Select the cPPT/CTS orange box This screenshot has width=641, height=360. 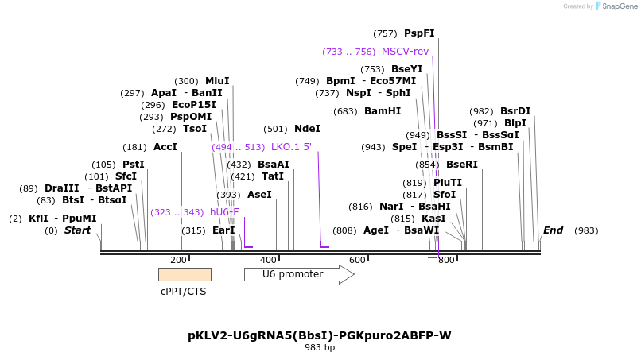click(185, 274)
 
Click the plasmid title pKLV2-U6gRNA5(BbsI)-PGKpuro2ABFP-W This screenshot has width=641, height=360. click(320, 335)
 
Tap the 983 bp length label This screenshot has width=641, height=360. click(320, 347)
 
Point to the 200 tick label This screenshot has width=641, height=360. click(178, 260)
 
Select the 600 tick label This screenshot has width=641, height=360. click(357, 260)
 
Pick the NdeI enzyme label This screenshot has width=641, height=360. click(307, 129)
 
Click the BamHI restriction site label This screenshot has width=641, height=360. click(383, 111)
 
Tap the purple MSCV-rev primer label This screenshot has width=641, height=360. click(405, 52)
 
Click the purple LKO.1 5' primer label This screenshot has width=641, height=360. click(291, 147)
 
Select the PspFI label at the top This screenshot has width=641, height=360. click(419, 33)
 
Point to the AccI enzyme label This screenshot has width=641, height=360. click(165, 147)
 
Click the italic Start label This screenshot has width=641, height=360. click(77, 230)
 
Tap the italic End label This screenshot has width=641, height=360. click(553, 230)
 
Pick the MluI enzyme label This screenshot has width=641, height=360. click(217, 81)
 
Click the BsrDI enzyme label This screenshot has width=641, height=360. click(515, 111)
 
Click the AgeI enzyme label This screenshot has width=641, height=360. click(376, 230)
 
